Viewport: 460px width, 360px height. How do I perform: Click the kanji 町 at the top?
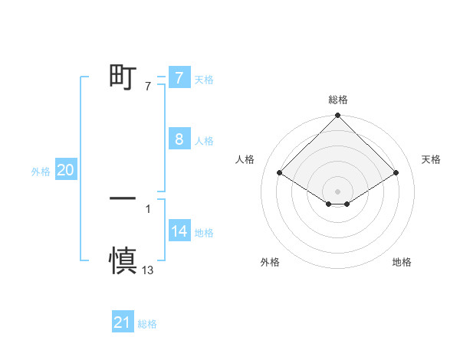[123, 77]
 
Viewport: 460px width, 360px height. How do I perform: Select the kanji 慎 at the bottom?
[123, 260]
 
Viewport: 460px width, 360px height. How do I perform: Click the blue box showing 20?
[65, 171]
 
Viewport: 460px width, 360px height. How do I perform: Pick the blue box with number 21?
[122, 323]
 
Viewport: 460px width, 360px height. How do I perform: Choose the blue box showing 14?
[179, 232]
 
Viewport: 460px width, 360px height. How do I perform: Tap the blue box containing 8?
[179, 139]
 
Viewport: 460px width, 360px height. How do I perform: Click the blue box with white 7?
[179, 78]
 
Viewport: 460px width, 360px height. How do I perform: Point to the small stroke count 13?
[148, 270]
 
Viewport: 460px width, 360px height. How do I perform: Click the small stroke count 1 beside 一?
[148, 208]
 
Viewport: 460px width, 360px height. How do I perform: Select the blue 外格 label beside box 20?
[41, 172]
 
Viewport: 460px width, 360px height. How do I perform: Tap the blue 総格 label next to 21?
[147, 324]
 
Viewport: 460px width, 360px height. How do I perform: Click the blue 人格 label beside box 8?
[204, 141]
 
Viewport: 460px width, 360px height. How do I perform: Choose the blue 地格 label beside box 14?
[204, 233]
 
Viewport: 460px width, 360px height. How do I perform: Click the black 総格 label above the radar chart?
[338, 100]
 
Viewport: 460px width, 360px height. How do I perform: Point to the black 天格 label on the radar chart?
[432, 159]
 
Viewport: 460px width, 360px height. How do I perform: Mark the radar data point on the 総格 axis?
[338, 116]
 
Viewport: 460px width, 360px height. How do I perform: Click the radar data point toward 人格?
[280, 173]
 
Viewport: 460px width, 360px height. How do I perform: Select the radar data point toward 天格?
[396, 173]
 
